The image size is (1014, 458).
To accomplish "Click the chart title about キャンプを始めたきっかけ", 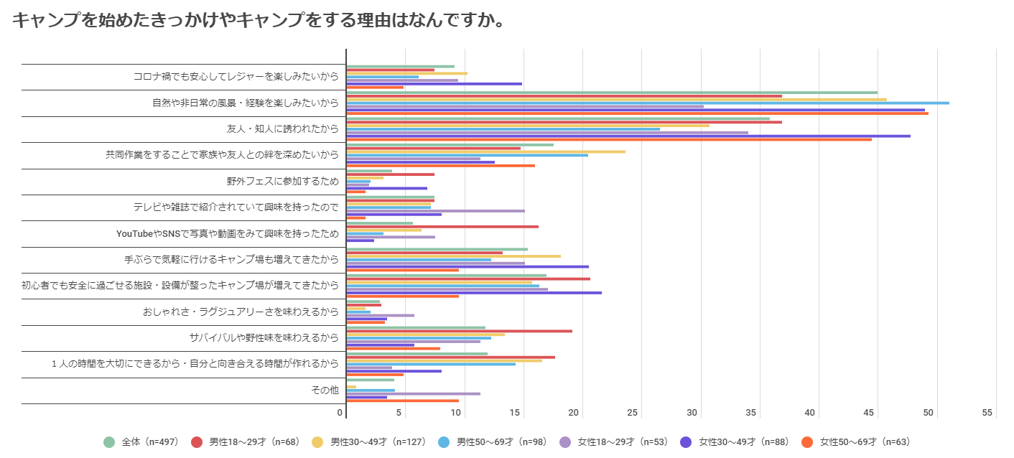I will (x=257, y=20).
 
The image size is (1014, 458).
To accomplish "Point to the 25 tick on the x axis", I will (x=633, y=413).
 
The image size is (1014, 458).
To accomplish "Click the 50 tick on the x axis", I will (x=928, y=413).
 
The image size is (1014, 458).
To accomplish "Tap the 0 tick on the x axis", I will (x=340, y=413).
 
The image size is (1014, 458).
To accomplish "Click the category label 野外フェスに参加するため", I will (x=282, y=181).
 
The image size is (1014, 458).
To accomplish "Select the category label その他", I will (x=324, y=390).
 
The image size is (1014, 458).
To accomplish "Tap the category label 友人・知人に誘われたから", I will (x=282, y=129).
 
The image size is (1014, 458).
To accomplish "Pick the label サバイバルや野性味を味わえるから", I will (x=264, y=337).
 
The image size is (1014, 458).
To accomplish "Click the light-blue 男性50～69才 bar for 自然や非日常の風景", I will (x=646, y=103).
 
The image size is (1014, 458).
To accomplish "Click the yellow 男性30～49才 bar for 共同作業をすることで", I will (x=485, y=151).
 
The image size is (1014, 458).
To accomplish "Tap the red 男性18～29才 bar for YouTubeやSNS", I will (x=442, y=227).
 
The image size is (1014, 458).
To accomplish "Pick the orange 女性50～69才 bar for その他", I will (x=402, y=401).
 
